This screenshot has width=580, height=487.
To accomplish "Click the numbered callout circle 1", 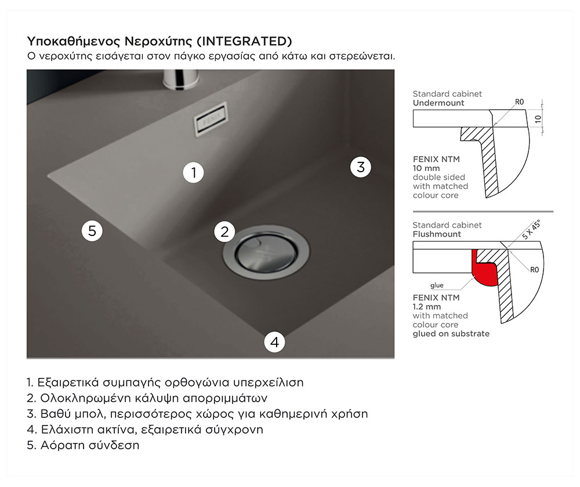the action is [x=194, y=172].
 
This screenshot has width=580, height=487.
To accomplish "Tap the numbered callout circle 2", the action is [x=224, y=232].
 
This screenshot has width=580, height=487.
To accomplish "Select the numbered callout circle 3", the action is [x=361, y=167].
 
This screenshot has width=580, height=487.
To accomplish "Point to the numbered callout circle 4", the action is [x=274, y=342].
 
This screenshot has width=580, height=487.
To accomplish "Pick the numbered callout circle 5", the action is [x=92, y=231].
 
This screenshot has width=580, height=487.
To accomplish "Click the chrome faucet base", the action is [x=181, y=79].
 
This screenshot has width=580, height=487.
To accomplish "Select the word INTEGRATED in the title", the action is [x=245, y=41].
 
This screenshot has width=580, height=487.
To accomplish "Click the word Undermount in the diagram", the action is [x=438, y=103].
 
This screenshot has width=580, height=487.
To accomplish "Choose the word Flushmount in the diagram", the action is [x=437, y=234].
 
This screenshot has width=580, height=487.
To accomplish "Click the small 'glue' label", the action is [x=437, y=285].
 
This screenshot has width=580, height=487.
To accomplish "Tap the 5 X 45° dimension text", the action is [x=531, y=230].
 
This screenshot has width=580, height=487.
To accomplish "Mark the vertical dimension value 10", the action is [x=538, y=119].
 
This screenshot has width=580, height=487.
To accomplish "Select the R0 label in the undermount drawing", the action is [x=519, y=102].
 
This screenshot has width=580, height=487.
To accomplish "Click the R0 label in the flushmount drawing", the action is [x=535, y=270].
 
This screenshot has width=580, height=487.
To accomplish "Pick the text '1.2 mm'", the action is [x=427, y=307].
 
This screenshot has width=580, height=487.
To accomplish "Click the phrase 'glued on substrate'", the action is [x=451, y=333].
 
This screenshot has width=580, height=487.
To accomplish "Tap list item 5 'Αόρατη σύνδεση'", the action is [x=83, y=445].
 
